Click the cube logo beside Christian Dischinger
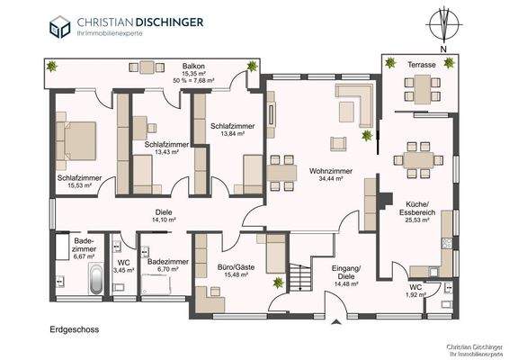coord(60,26)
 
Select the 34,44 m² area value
coord(330,179)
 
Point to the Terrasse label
coord(422,66)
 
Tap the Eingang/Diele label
coord(345,272)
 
